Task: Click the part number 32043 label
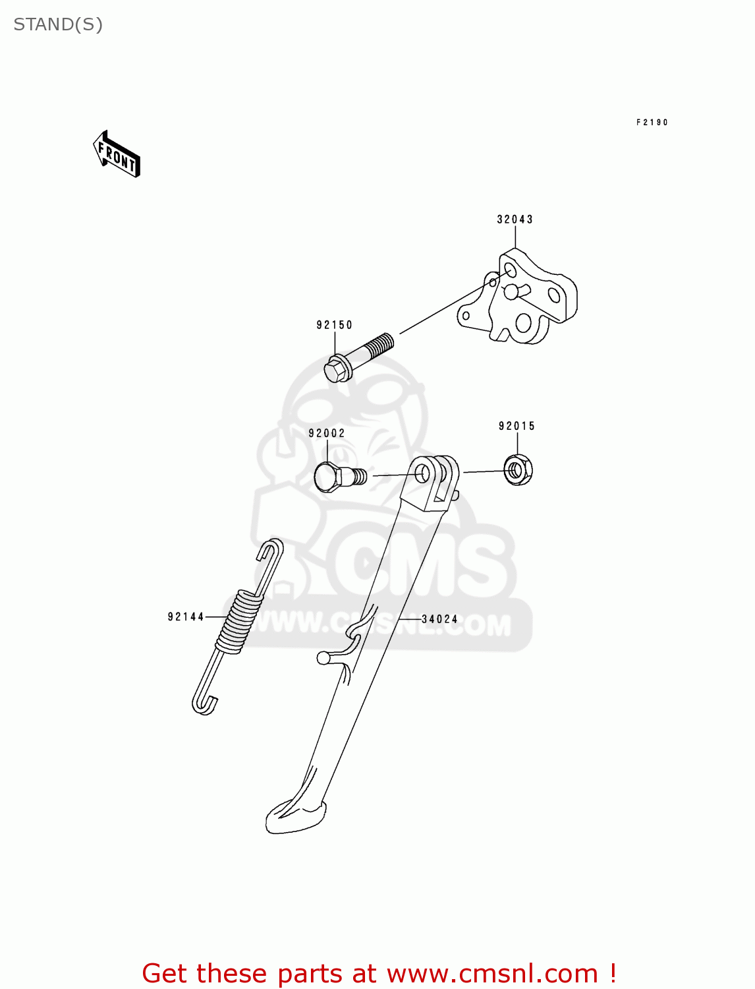pos(515,220)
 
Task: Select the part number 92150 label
pos(335,325)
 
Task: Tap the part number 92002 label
pos(327,433)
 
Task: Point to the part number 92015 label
pos(517,427)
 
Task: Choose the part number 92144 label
pos(186,617)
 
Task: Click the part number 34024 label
pos(440,619)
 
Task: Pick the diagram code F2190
pos(652,123)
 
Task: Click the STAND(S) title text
pos(58,24)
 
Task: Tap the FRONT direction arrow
pos(117,155)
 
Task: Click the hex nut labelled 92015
pos(518,470)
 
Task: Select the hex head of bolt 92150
pos(337,370)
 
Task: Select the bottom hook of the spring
pos(204,704)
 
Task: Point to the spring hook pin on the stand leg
pos(323,657)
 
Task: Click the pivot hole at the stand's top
pos(422,472)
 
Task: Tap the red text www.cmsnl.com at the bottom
pos(491,974)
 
